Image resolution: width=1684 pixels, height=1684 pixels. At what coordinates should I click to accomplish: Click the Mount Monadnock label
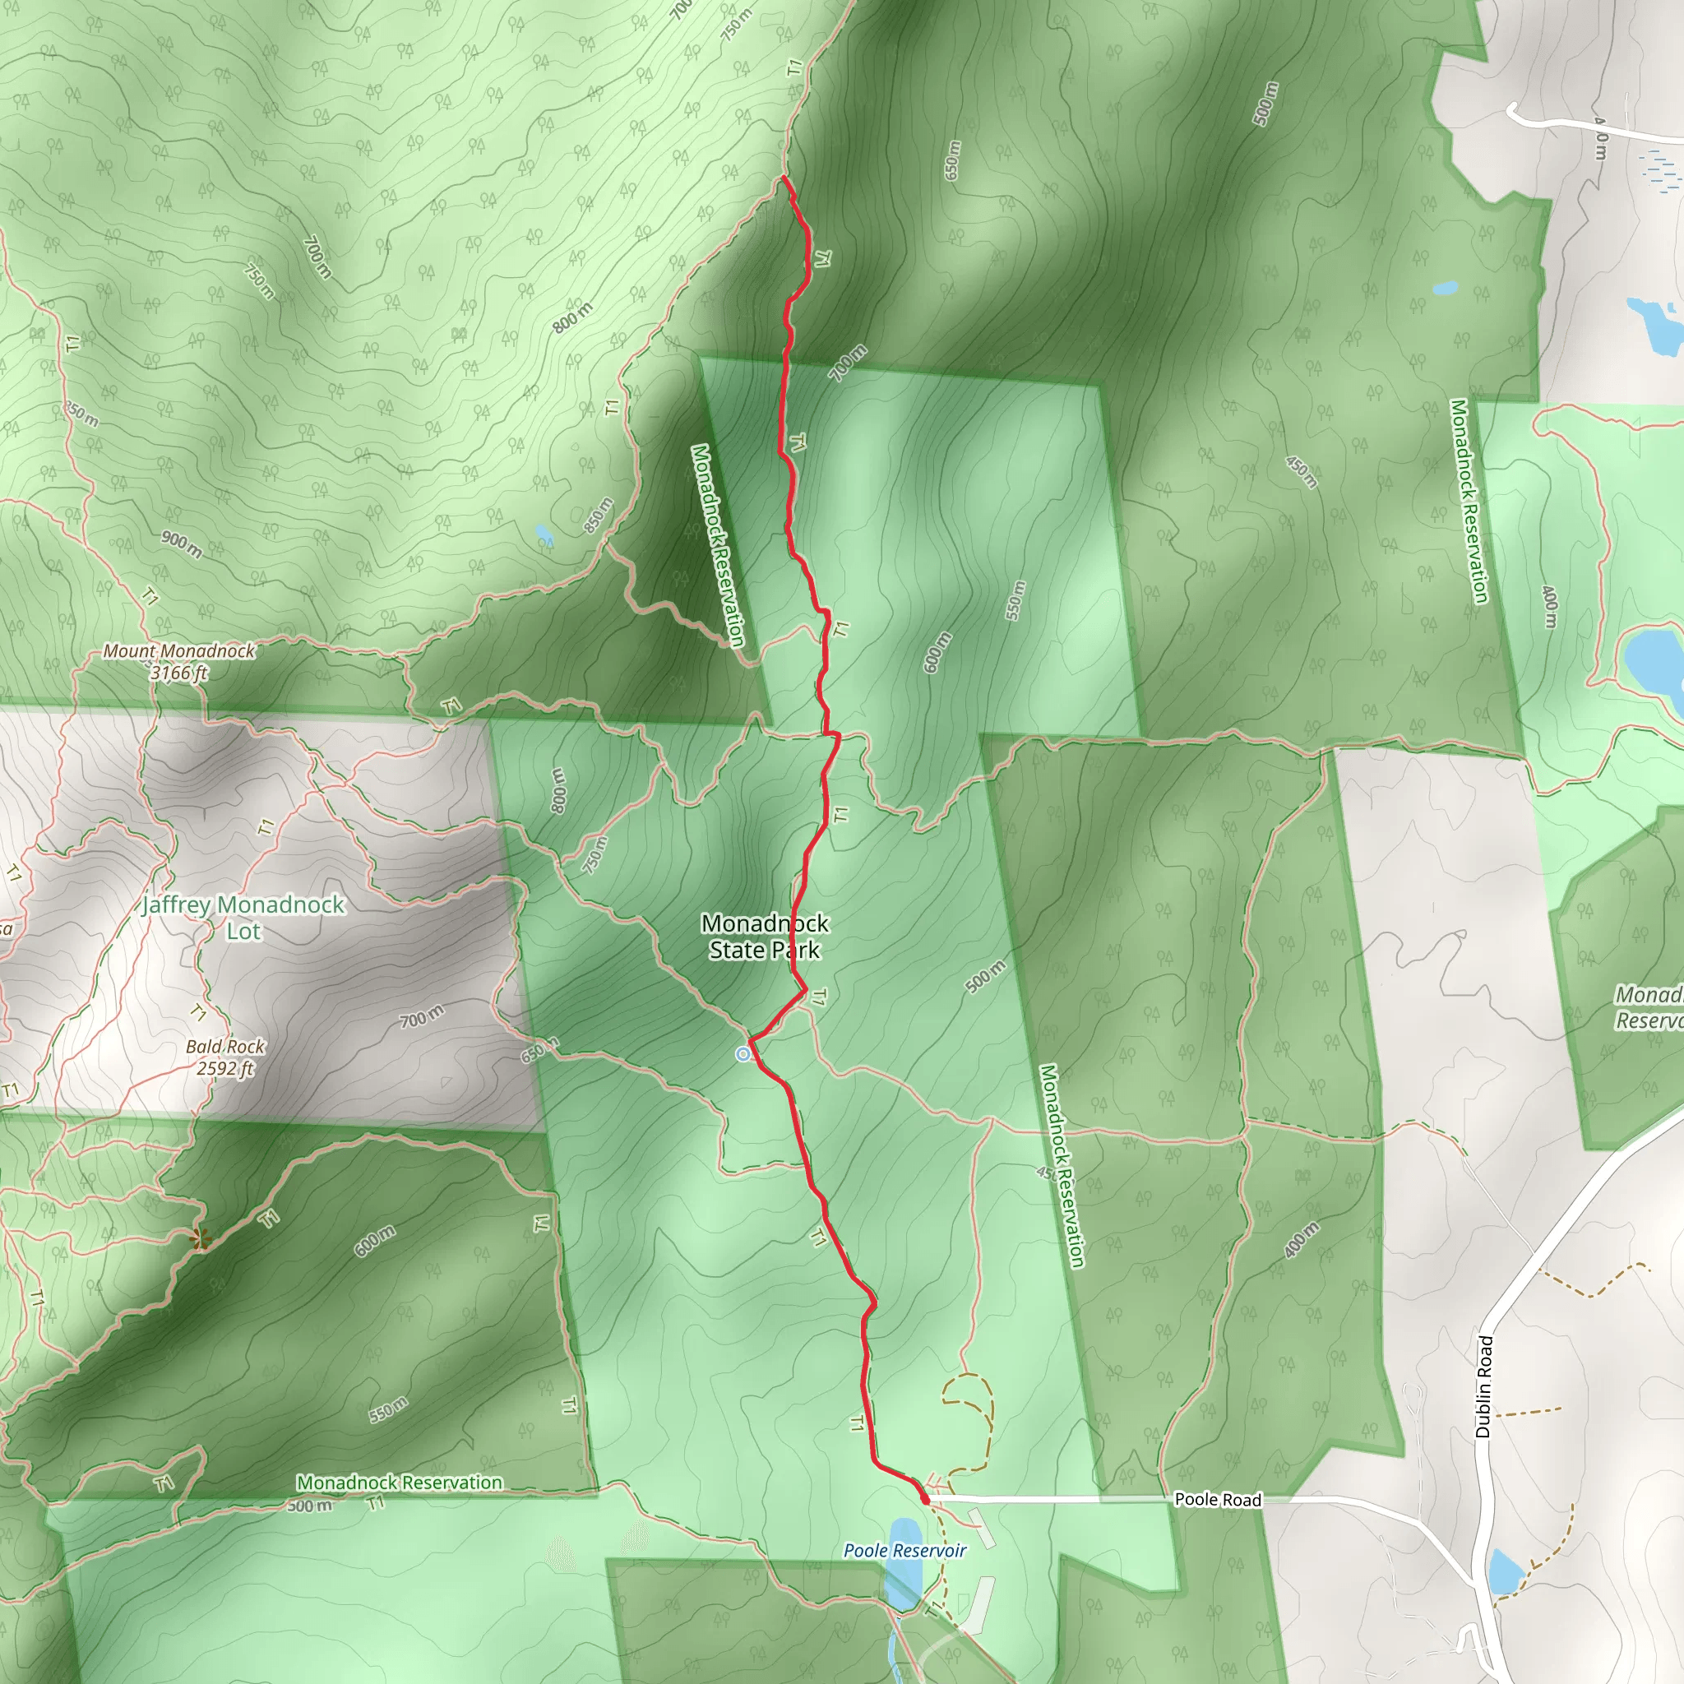point(178,650)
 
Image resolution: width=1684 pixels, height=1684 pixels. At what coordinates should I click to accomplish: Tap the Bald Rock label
point(224,1046)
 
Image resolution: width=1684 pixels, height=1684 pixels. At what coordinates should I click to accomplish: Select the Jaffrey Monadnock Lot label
point(243,917)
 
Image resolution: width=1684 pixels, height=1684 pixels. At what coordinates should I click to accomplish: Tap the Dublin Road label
point(1483,1386)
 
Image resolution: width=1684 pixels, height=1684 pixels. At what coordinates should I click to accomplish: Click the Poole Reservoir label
point(904,1550)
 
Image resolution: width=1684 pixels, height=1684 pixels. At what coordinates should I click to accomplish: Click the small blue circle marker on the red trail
point(743,1055)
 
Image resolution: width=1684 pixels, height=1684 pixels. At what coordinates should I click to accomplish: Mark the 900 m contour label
point(181,544)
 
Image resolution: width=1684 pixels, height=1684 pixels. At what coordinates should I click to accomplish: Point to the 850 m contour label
point(598,515)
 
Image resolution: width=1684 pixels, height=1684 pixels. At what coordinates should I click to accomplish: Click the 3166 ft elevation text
point(178,673)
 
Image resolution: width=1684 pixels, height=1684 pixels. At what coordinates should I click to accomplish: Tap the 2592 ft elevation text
point(224,1069)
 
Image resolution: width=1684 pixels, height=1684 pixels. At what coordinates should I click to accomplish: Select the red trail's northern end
point(784,178)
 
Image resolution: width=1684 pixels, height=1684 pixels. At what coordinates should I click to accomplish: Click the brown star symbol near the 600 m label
point(201,1238)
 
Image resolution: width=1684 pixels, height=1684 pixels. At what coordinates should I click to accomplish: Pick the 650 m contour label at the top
point(952,160)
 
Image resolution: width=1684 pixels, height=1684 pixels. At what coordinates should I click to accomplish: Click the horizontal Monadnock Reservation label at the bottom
point(399,1482)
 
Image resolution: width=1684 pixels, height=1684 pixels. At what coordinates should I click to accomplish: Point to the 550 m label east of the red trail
point(1015,600)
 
